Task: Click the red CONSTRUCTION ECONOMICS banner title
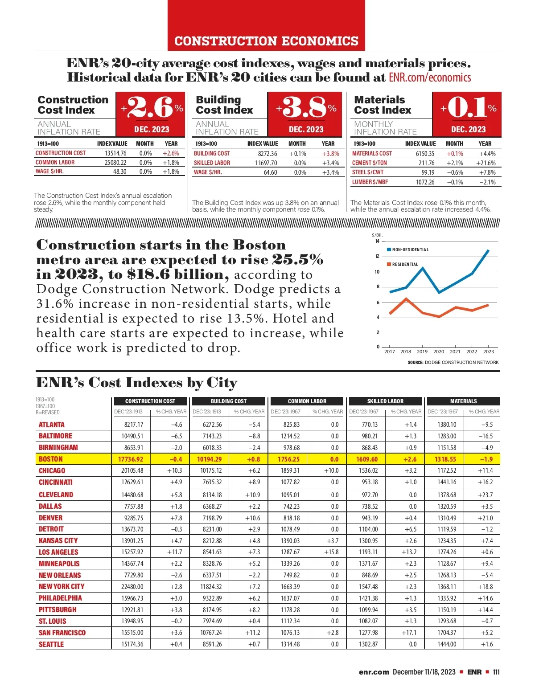coord(266,41)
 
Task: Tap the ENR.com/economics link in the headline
coord(429,78)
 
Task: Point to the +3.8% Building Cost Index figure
coord(306,107)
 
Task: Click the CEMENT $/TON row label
coord(369,163)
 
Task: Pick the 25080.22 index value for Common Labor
coord(115,163)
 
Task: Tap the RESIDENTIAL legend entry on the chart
coord(404,265)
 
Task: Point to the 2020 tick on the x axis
coord(439,352)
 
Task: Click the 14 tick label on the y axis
coord(377,241)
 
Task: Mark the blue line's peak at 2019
coord(422,268)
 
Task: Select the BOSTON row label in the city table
coord(51,459)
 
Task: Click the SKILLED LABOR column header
coord(385,401)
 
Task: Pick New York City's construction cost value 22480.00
coord(132,587)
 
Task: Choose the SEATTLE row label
coord(51,644)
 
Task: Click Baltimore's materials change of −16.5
coord(486,436)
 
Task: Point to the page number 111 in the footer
coord(496,672)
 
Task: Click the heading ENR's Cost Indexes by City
coord(136,383)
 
